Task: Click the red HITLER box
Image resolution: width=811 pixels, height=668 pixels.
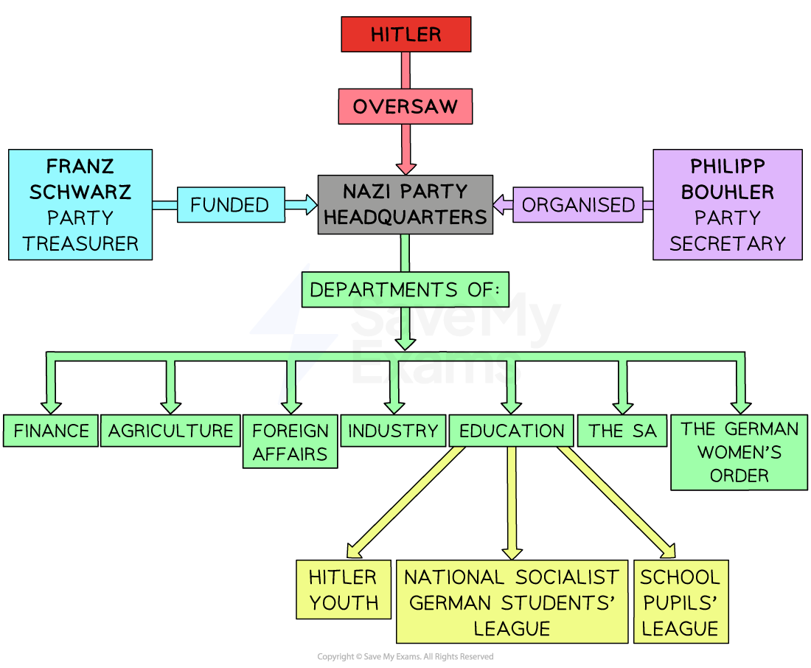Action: pyautogui.click(x=405, y=34)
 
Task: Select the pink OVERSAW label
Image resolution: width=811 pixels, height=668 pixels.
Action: pyautogui.click(x=405, y=107)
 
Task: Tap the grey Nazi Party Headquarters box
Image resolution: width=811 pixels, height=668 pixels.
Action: pyautogui.click(x=405, y=204)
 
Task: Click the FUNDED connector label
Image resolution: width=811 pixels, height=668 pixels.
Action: pyautogui.click(x=230, y=204)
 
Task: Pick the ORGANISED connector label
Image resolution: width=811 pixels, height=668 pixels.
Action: pyautogui.click(x=578, y=204)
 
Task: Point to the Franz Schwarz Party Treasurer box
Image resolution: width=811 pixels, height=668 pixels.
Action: pyautogui.click(x=80, y=204)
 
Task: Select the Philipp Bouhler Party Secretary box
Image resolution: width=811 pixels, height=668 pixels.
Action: pyautogui.click(x=727, y=204)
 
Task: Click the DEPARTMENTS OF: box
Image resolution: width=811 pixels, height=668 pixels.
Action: pyautogui.click(x=405, y=290)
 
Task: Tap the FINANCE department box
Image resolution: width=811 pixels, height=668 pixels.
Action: pyautogui.click(x=51, y=431)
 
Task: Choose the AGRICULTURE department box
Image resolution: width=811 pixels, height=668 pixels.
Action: pyautogui.click(x=170, y=431)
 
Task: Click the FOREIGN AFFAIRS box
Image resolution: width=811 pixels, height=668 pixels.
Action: pyautogui.click(x=290, y=442)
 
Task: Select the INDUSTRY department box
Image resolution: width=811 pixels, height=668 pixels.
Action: pyautogui.click(x=393, y=431)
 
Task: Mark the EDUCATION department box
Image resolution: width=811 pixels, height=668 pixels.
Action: pyautogui.click(x=512, y=431)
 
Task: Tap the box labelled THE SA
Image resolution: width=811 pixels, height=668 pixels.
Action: pyautogui.click(x=622, y=431)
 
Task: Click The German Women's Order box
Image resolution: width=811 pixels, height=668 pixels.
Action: pyautogui.click(x=739, y=452)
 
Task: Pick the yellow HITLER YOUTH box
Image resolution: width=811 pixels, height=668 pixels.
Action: pyautogui.click(x=343, y=589)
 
